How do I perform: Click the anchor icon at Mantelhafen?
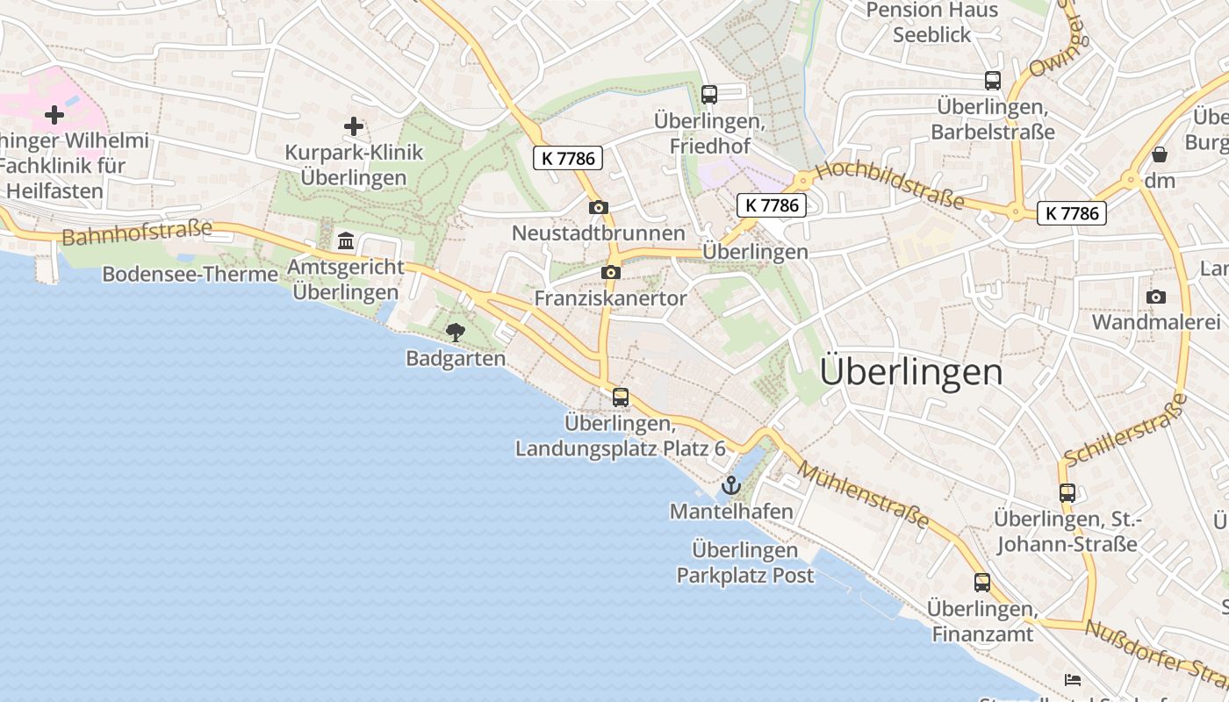730,484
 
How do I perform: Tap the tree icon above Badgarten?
455,332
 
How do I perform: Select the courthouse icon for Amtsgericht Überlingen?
346,240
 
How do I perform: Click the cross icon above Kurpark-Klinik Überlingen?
354,126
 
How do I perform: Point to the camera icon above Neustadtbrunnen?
599,207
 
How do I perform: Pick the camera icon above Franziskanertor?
611,272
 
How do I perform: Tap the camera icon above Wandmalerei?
1156,297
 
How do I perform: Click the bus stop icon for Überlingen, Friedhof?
709,94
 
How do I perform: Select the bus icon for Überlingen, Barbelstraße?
993,81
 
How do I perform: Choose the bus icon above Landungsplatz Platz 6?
621,397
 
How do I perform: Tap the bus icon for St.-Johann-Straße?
1067,492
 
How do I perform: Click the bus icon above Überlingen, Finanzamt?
982,582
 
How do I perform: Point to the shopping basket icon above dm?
1160,155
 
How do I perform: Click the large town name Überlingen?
910,372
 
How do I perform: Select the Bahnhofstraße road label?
138,233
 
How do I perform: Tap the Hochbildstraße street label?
889,185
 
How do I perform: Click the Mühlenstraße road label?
865,496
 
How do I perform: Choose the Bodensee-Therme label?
190,274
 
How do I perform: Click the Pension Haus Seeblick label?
932,23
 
